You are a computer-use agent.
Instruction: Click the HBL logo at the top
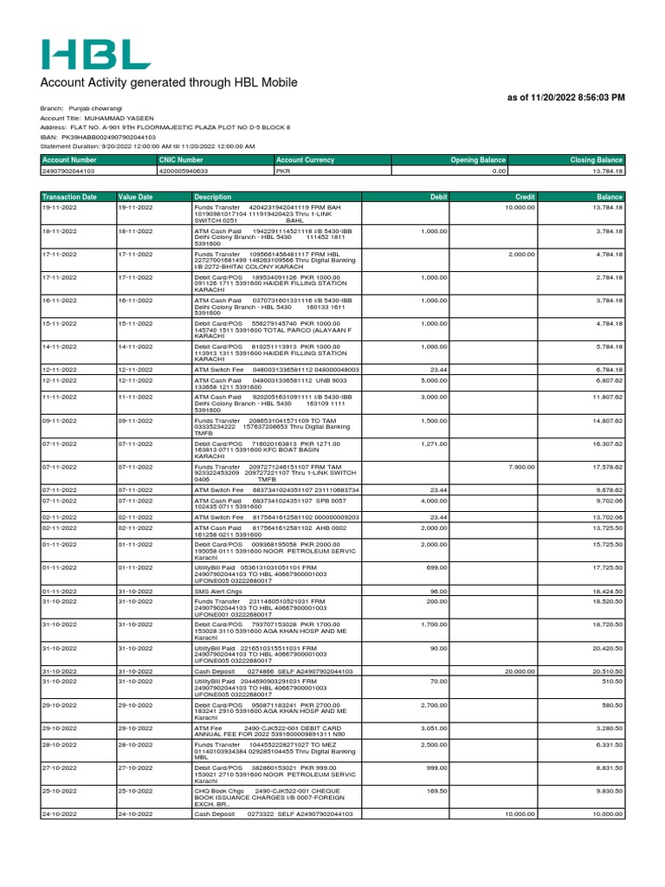(95, 54)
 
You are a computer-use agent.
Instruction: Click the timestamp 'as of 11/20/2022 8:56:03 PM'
(565, 98)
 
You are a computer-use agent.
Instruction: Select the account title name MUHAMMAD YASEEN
(120, 117)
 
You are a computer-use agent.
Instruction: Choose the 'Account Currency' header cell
(306, 160)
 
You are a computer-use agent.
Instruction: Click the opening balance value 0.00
(498, 172)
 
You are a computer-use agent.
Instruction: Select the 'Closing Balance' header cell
(596, 160)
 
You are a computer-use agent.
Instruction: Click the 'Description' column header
(213, 197)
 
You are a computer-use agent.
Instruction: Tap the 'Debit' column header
(438, 197)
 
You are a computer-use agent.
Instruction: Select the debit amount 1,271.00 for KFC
(434, 443)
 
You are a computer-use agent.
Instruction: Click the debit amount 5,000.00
(434, 379)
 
